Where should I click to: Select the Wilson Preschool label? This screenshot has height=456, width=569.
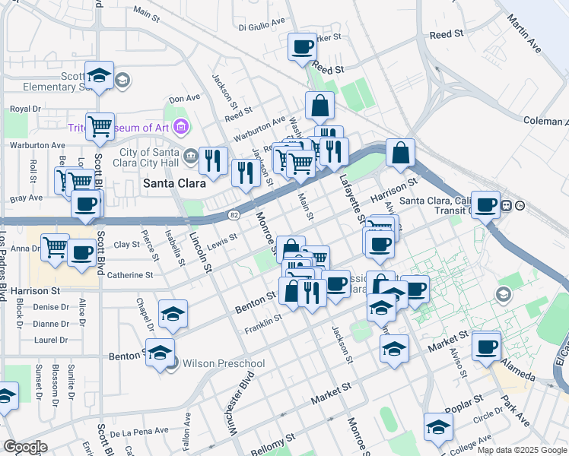218,363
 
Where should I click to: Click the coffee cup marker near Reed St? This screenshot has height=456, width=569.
302,48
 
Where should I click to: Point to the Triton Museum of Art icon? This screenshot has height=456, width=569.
180,126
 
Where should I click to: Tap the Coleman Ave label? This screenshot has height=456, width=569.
545,121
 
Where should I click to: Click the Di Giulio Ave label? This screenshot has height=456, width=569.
261,27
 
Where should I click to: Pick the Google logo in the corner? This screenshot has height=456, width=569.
25,447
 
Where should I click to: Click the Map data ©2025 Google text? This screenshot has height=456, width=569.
522,450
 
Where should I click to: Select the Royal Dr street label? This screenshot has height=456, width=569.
25,109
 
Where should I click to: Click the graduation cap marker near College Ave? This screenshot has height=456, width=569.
438,429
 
